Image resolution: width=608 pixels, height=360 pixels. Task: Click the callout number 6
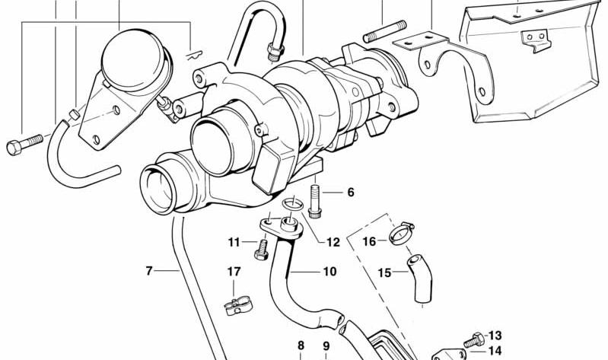click(x=351, y=192)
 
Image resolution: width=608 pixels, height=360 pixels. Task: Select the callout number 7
click(x=149, y=270)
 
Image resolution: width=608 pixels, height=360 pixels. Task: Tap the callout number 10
click(x=329, y=272)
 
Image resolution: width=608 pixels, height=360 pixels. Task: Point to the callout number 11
click(x=234, y=243)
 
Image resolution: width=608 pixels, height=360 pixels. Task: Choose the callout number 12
click(x=333, y=243)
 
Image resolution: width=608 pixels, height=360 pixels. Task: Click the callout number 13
click(x=495, y=335)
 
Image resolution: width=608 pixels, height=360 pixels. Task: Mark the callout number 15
click(x=384, y=273)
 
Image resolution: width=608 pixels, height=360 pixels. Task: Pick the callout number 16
click(x=369, y=242)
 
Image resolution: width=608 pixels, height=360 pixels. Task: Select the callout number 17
click(x=234, y=271)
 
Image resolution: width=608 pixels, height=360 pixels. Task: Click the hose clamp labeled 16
click(x=402, y=233)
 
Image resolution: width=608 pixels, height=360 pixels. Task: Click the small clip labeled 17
click(x=238, y=305)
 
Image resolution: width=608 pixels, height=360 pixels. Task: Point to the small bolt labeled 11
click(x=262, y=250)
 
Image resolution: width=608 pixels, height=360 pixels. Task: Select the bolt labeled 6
click(x=315, y=201)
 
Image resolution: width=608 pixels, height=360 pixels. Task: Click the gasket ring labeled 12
click(x=294, y=204)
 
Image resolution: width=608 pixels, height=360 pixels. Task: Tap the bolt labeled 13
click(x=474, y=339)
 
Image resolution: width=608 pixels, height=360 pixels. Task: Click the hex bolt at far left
click(x=24, y=145)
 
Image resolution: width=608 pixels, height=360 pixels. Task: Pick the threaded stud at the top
click(x=384, y=31)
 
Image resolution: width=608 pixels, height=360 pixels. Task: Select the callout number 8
click(x=301, y=346)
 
